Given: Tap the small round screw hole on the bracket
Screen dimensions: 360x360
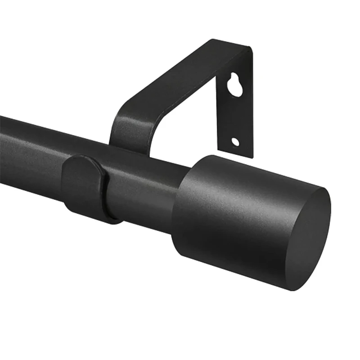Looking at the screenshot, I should (x=235, y=142).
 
